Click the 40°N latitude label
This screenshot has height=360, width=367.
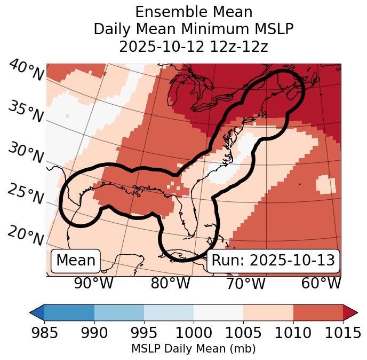pyautogui.click(x=26, y=71)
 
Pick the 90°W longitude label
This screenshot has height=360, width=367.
pyautogui.click(x=94, y=284)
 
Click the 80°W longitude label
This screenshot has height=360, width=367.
pyautogui.click(x=170, y=284)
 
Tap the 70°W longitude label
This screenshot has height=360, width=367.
pyautogui.click(x=245, y=284)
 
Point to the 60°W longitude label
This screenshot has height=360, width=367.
pyautogui.click(x=321, y=284)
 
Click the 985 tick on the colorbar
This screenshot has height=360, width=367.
pyautogui.click(x=44, y=333)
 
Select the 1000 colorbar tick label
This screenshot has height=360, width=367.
pyautogui.click(x=194, y=333)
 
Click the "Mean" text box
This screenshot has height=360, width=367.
pyautogui.click(x=76, y=261)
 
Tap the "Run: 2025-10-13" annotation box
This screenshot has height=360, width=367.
pyautogui.click(x=273, y=261)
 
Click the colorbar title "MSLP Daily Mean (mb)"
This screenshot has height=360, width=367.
pyautogui.click(x=193, y=349)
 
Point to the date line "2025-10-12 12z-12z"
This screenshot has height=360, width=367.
pyautogui.click(x=194, y=46)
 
